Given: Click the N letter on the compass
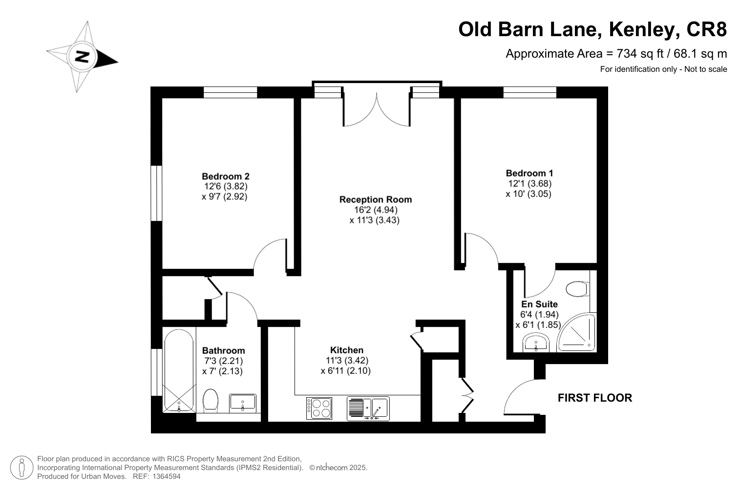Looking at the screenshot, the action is [82, 57].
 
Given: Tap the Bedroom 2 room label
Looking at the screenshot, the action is [226, 176].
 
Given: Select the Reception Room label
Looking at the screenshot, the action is [376, 199].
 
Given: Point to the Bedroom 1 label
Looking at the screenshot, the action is [529, 173].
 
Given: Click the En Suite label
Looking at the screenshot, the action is [540, 304].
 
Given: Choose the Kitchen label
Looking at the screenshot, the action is [347, 350].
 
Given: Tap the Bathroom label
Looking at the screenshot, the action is [224, 350].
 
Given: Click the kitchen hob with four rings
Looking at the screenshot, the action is [319, 408].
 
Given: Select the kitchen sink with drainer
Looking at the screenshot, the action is [368, 408].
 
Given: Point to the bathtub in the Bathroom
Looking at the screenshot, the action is [179, 370].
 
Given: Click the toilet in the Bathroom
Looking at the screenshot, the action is [211, 401].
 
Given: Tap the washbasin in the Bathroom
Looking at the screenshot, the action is [243, 403].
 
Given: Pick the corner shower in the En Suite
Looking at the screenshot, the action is [576, 332].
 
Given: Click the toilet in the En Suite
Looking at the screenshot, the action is [577, 289].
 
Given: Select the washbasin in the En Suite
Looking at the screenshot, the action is [536, 343].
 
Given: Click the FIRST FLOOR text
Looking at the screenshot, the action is [595, 398].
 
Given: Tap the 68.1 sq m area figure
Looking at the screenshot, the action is [700, 54].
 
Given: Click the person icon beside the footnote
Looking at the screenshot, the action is [22, 468].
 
